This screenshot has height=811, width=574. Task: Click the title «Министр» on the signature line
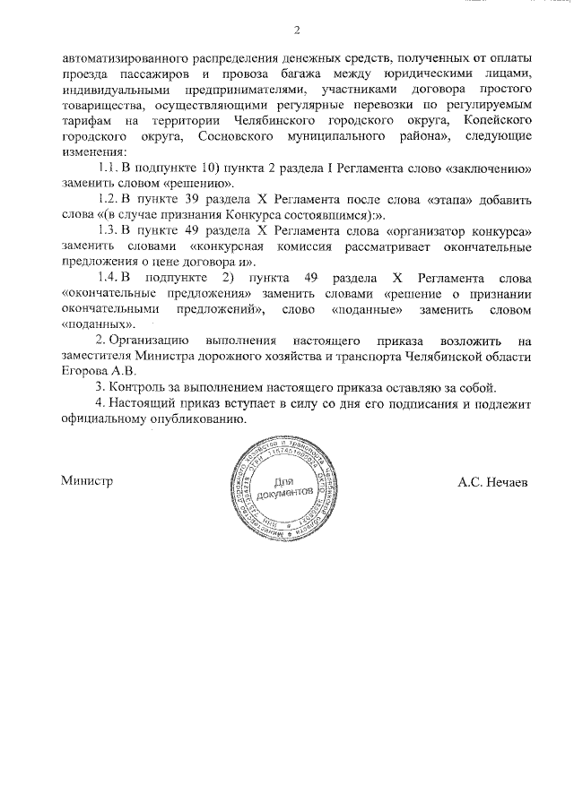pos(87,480)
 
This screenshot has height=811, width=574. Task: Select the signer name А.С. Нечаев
pos(492,481)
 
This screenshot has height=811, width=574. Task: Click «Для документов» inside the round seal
pos(285,488)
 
